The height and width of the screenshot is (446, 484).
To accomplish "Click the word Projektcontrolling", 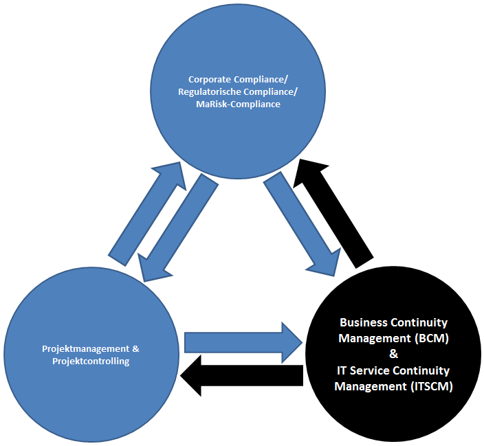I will coord(90,361).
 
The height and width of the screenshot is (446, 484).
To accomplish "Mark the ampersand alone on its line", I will coord(393,354).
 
